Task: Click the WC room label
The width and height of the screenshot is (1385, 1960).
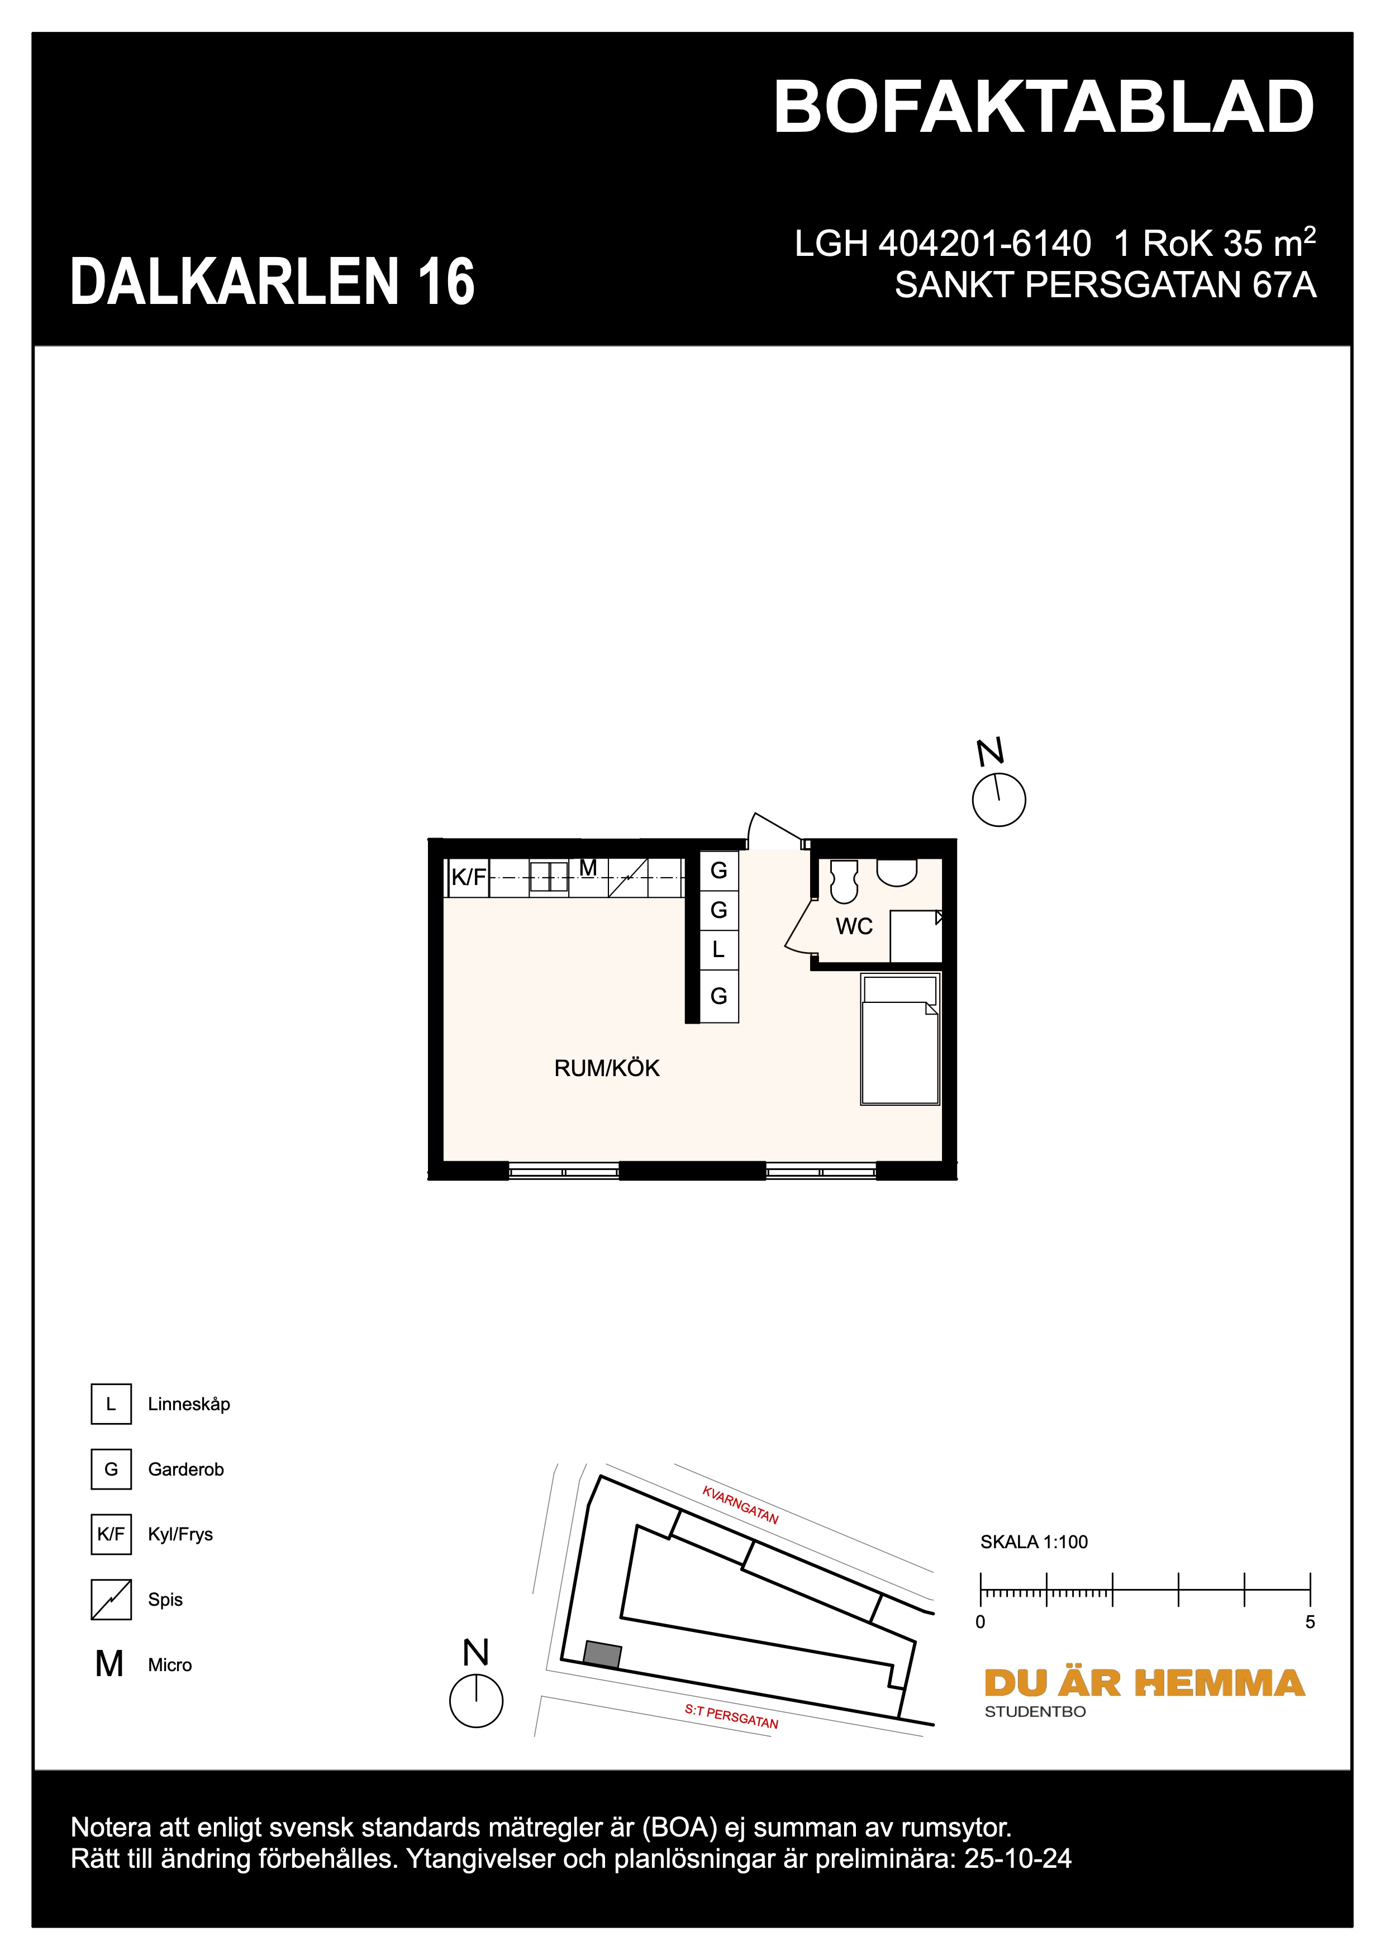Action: [853, 926]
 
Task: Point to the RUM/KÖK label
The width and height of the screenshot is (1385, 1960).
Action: [607, 1068]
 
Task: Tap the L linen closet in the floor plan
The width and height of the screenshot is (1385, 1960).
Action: [718, 949]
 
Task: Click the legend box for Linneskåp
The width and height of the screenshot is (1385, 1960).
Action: [111, 1404]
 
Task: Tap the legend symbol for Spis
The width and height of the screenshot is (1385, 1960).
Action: [111, 1600]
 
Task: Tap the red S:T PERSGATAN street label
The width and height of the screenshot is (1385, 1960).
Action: [731, 1717]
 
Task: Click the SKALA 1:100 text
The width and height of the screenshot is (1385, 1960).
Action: [1034, 1542]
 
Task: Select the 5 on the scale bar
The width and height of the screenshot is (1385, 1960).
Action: [1310, 1622]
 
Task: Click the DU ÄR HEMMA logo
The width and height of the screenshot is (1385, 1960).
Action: [1144, 1683]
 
